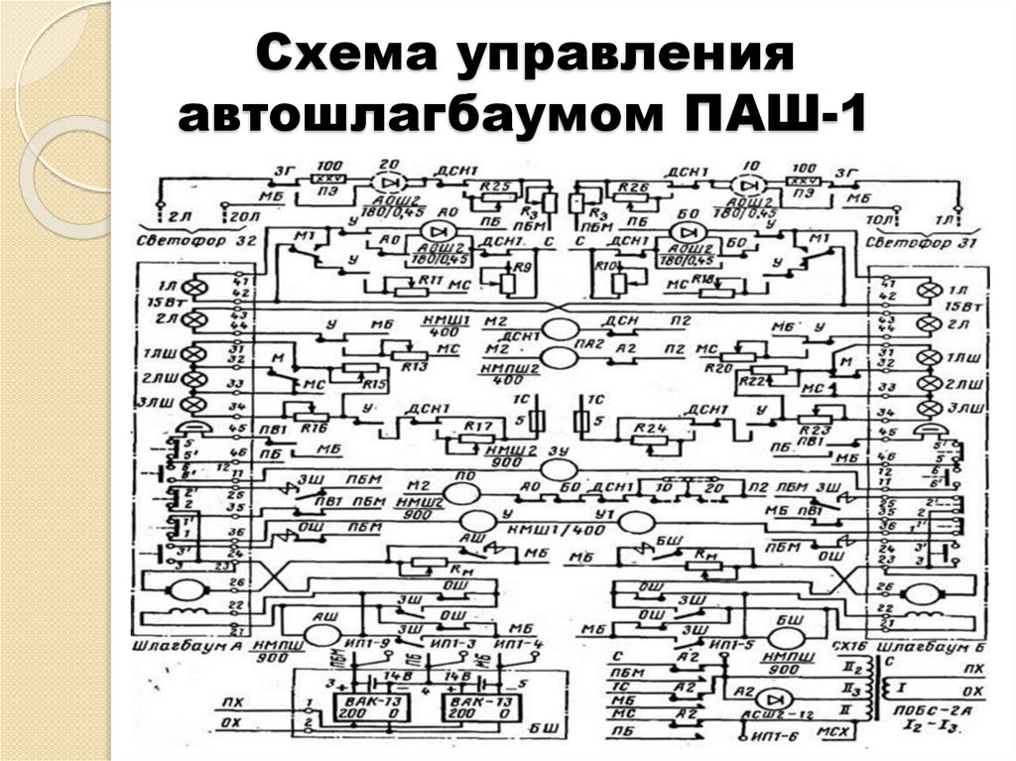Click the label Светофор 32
(190, 241)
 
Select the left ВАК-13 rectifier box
(378, 706)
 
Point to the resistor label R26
(632, 186)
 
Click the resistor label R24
(646, 430)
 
